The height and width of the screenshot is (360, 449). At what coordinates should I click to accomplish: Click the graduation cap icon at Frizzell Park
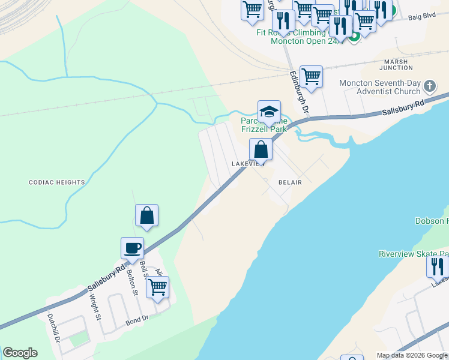(x=270, y=112)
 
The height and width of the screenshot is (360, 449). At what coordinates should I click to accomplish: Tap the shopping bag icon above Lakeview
(x=261, y=150)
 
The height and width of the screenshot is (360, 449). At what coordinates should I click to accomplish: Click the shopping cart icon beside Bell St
(x=157, y=288)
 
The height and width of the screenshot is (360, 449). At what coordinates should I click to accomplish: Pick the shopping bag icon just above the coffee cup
(x=147, y=216)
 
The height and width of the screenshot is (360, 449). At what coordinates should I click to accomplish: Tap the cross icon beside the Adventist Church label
(x=430, y=86)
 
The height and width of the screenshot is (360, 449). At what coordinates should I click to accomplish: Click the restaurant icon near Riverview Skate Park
(x=438, y=266)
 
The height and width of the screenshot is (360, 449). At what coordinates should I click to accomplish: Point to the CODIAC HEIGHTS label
(x=57, y=182)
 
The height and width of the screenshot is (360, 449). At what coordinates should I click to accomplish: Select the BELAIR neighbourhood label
(x=289, y=182)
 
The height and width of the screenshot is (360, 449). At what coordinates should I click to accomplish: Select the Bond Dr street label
(x=137, y=321)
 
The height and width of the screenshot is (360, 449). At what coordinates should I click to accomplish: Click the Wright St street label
(x=97, y=307)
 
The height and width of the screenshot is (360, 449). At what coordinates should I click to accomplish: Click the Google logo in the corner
(x=20, y=353)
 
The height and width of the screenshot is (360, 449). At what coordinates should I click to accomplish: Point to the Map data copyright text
(x=412, y=355)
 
